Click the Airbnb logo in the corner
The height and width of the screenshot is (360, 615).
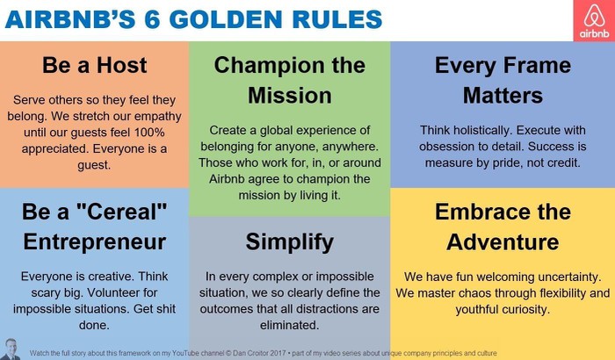coord(594,20)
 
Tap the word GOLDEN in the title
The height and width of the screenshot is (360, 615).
coord(226,19)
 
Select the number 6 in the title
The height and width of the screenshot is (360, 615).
coord(153,19)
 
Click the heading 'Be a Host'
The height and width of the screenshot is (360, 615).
coord(95,65)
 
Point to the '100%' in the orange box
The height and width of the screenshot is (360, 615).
coord(149,133)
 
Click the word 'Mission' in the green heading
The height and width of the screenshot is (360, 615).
coord(289,96)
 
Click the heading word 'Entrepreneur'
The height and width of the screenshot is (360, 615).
coord(95,242)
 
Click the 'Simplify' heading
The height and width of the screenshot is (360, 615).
coord(289,242)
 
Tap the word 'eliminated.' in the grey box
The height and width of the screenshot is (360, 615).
coord(289,325)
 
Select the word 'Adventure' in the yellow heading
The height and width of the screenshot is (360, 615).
coord(503,242)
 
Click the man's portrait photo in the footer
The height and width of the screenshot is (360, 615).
coord(11,349)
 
